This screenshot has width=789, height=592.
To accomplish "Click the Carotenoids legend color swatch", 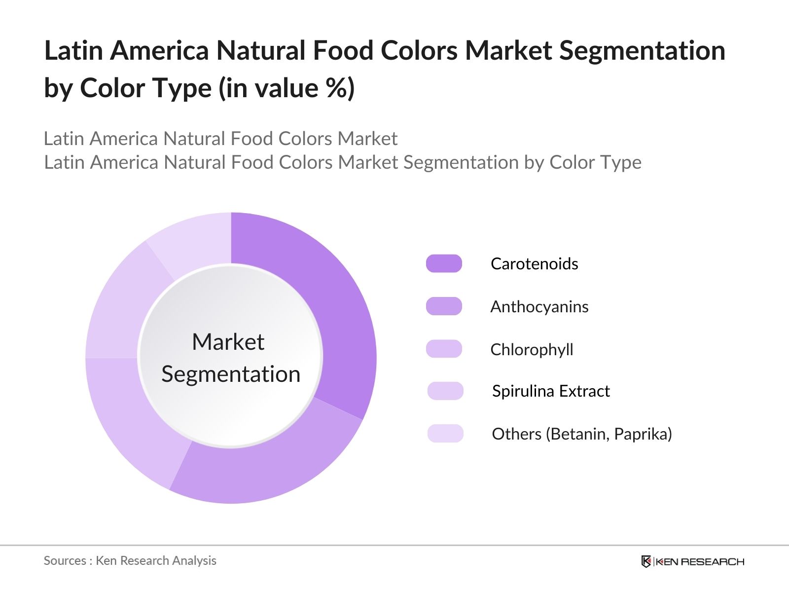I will pyautogui.click(x=444, y=263).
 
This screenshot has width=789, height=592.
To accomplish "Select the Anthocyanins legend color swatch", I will pyautogui.click(x=444, y=306).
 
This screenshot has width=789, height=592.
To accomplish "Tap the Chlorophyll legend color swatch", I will pyautogui.click(x=444, y=349).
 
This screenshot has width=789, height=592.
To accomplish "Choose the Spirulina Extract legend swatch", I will pyautogui.click(x=445, y=391).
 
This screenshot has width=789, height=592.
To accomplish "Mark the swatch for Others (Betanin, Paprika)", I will pyautogui.click(x=445, y=434).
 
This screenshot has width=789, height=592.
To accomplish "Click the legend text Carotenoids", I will pyautogui.click(x=534, y=263).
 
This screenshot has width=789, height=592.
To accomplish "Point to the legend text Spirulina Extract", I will pyautogui.click(x=551, y=391).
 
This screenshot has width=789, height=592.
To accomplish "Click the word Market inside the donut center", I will pyautogui.click(x=228, y=342).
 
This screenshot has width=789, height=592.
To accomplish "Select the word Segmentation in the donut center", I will pyautogui.click(x=231, y=374).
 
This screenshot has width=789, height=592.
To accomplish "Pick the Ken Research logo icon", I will pyautogui.click(x=646, y=561).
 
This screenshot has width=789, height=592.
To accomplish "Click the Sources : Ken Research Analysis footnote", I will pyautogui.click(x=130, y=560).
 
